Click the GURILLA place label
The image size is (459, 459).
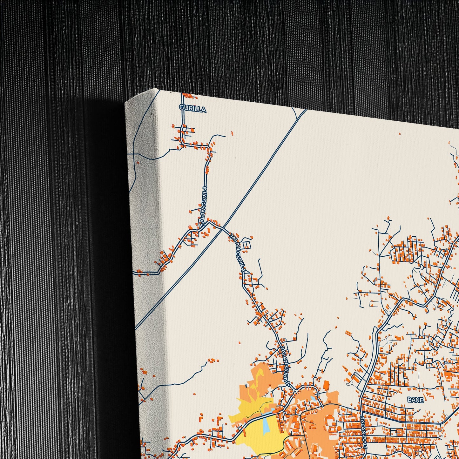point(193,109)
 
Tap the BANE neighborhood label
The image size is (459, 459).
point(415,400)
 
